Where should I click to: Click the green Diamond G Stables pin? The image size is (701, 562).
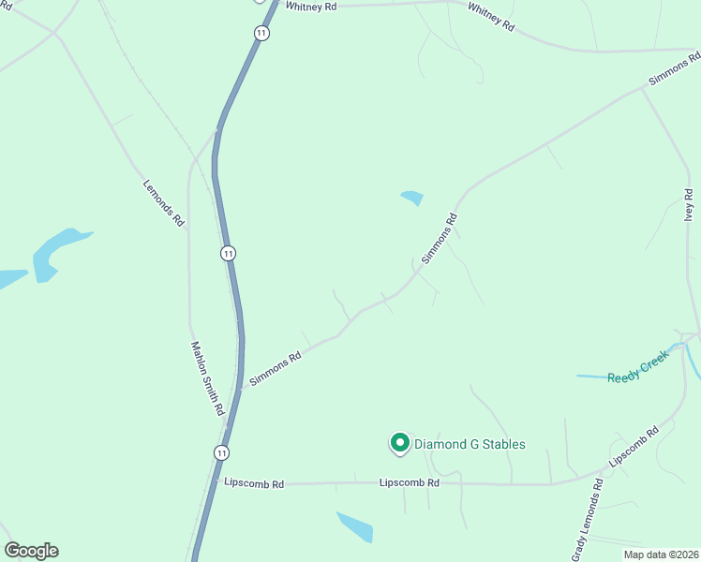tap(399, 442)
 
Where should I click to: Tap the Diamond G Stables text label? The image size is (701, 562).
tap(470, 444)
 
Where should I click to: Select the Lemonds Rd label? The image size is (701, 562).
tap(163, 203)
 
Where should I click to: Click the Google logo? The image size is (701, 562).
tap(31, 551)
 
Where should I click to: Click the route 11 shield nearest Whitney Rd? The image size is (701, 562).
tap(261, 33)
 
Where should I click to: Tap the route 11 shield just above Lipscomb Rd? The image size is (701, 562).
tap(220, 452)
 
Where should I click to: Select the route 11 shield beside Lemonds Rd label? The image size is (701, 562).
tap(228, 253)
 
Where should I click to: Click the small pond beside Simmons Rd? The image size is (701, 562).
tap(411, 198)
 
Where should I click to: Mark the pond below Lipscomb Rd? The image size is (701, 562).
tap(356, 526)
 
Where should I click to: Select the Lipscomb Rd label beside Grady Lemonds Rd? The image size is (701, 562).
tap(634, 448)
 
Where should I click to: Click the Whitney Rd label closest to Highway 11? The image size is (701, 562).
tap(311, 6)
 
